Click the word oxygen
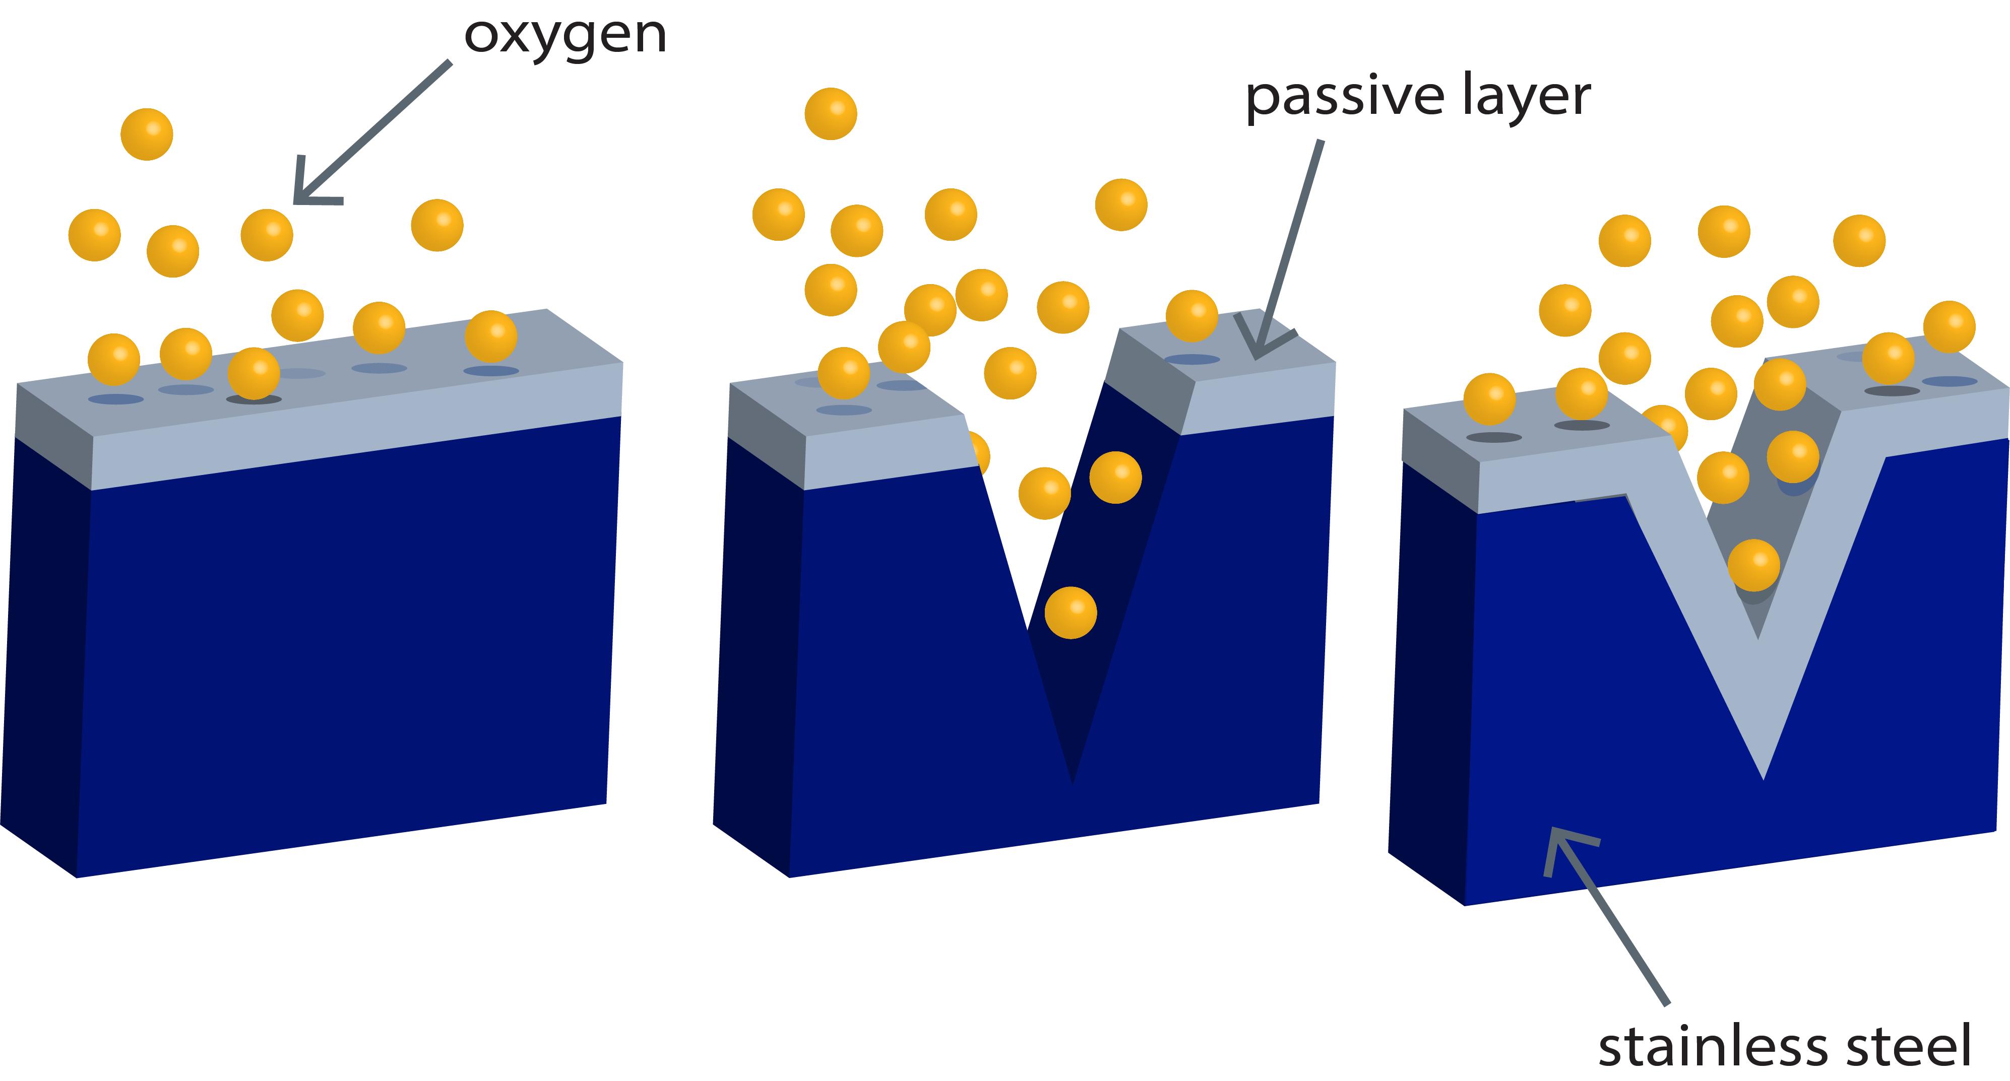tap(565, 35)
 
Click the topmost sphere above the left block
tap(147, 134)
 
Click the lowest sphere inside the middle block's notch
tap(1071, 612)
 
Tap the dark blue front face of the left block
tap(343, 647)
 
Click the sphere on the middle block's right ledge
tap(1191, 316)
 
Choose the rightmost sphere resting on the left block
tap(491, 336)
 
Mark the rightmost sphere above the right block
tap(1949, 327)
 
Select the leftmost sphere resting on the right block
tap(1489, 399)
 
